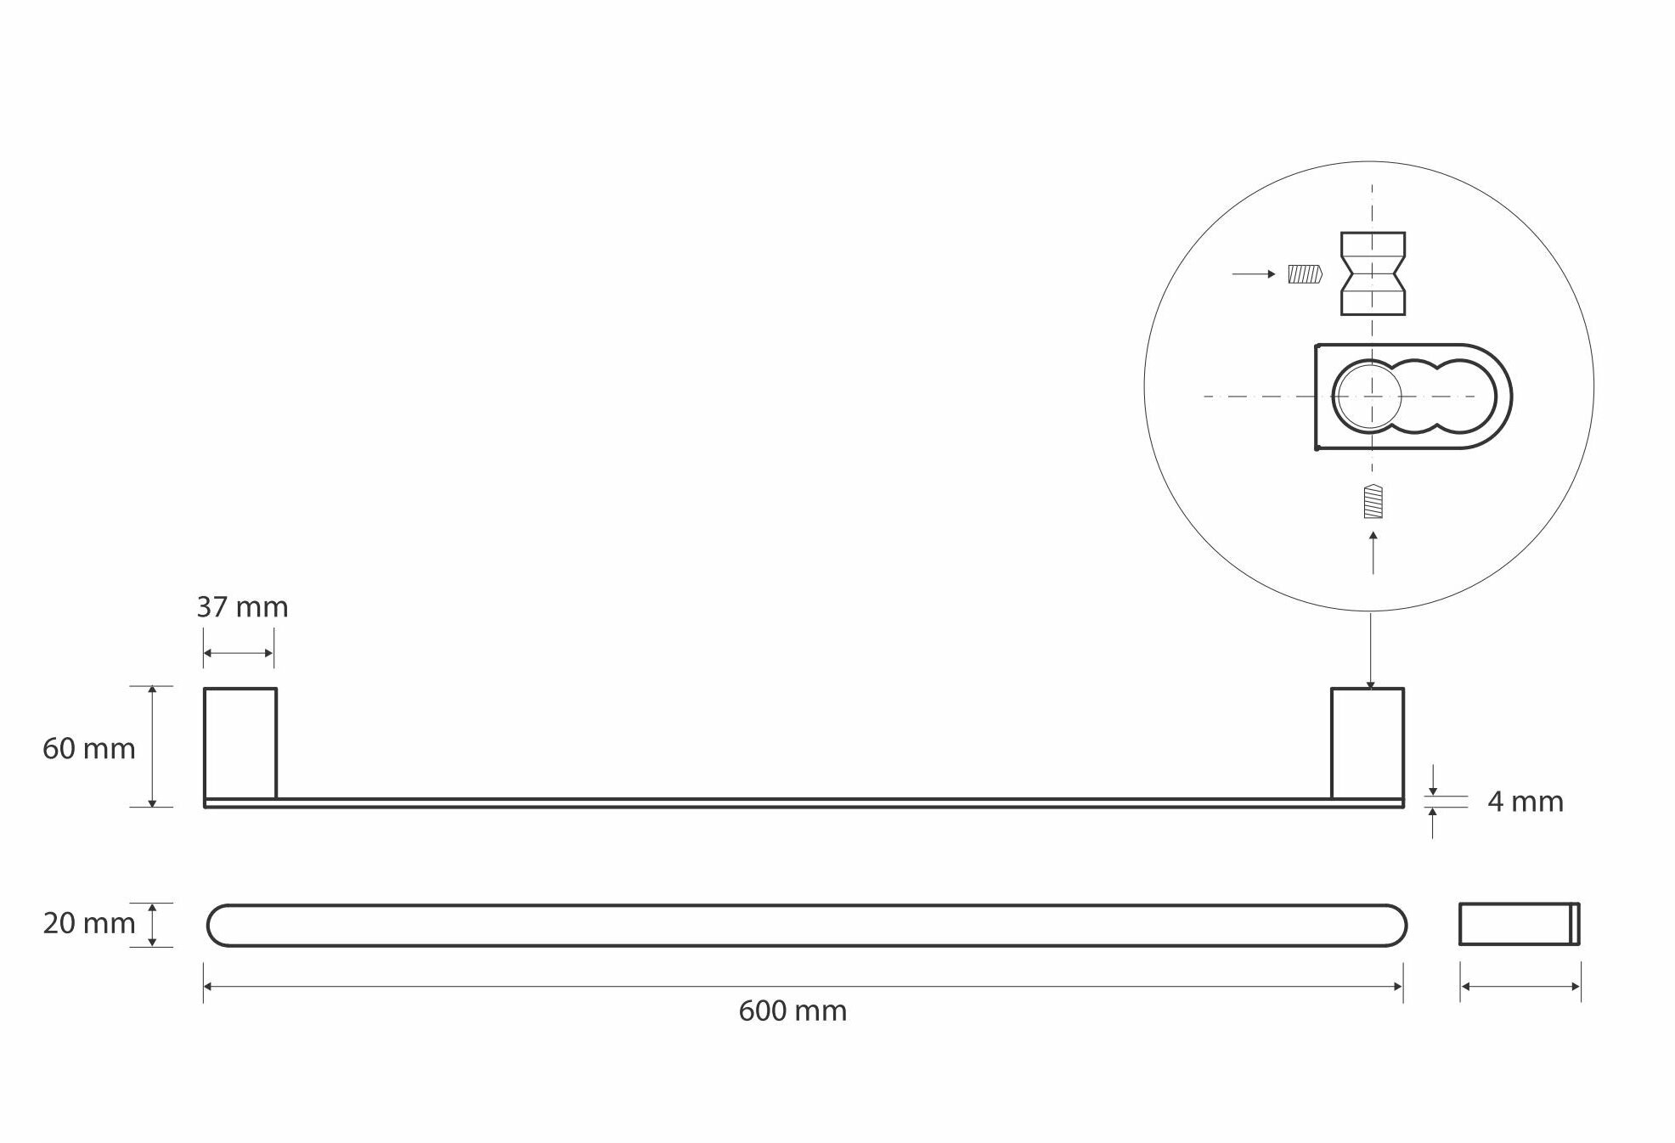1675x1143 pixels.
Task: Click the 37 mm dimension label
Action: coord(242,607)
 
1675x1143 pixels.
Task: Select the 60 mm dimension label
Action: coord(88,748)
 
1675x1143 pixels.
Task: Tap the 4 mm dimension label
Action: coord(1525,802)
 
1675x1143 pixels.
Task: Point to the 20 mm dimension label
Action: coord(88,923)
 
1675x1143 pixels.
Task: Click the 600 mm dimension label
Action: coord(792,1011)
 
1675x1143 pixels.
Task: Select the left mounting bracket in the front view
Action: coord(240,743)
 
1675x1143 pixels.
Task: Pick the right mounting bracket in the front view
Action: coord(1367,743)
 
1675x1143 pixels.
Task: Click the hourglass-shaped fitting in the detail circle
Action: coord(1373,273)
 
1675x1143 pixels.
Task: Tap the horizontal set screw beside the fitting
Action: coord(1305,274)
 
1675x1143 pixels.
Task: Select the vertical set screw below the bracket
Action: coord(1373,501)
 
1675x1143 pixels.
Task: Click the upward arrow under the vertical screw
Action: coord(1373,552)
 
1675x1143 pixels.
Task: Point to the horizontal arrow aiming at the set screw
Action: coord(1254,274)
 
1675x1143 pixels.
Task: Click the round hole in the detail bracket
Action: coord(1367,397)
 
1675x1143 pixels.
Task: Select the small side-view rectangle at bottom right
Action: coord(1519,924)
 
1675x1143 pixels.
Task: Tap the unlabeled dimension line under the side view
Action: coord(1520,987)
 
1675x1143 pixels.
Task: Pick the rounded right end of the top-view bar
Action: coord(1393,925)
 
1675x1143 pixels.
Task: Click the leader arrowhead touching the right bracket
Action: coord(1370,684)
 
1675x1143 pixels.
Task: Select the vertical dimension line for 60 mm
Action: coord(152,746)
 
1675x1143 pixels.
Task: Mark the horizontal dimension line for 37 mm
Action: coord(239,653)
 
